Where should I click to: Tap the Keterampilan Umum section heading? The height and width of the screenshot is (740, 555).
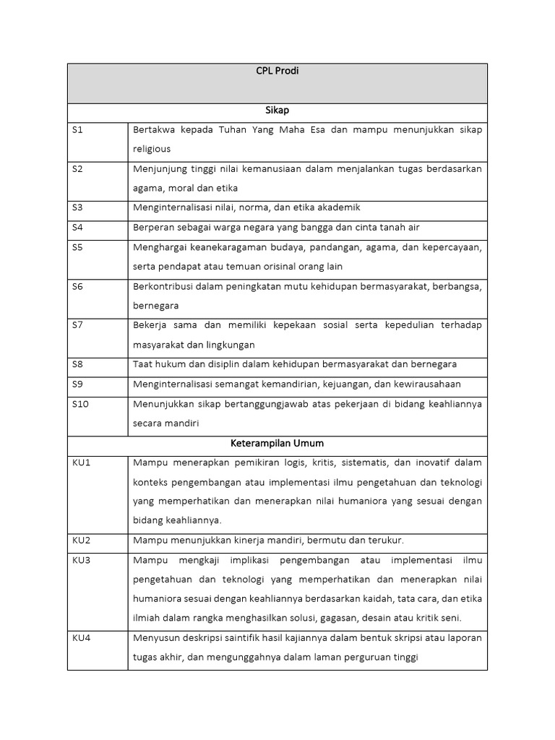[x=277, y=443]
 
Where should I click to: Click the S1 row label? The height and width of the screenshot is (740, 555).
[x=77, y=130]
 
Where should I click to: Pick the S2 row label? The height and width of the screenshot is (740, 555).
[x=77, y=169]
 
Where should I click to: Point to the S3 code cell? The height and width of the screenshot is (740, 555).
[x=77, y=207]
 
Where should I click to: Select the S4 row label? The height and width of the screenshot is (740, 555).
[x=77, y=228]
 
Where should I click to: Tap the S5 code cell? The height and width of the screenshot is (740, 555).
[x=77, y=247]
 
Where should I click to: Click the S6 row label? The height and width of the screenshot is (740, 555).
[x=77, y=286]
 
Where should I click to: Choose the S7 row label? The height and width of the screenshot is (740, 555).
[x=77, y=325]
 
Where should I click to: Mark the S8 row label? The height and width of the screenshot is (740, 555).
[x=77, y=364]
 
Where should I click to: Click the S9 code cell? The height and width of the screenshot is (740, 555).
[x=77, y=384]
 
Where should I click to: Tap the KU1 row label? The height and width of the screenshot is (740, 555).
[x=81, y=462]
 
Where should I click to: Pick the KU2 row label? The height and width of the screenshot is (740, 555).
[x=81, y=540]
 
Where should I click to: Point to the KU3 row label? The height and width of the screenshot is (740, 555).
[x=81, y=560]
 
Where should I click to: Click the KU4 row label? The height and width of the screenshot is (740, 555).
[x=81, y=638]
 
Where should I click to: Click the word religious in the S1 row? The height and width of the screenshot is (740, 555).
[x=152, y=149]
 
